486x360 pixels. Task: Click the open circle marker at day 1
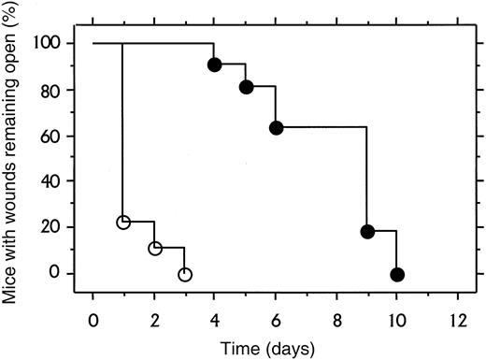point(123,223)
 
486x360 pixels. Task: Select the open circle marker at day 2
point(154,248)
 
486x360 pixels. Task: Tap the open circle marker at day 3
point(185,274)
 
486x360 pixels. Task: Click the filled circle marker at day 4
point(215,65)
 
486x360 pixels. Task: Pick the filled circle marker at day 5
point(246,87)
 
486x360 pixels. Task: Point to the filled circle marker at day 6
point(277,127)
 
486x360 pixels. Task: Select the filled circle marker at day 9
point(367,232)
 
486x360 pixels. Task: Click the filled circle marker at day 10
point(398,274)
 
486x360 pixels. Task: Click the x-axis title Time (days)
point(275,344)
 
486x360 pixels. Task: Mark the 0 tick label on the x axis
point(93,312)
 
